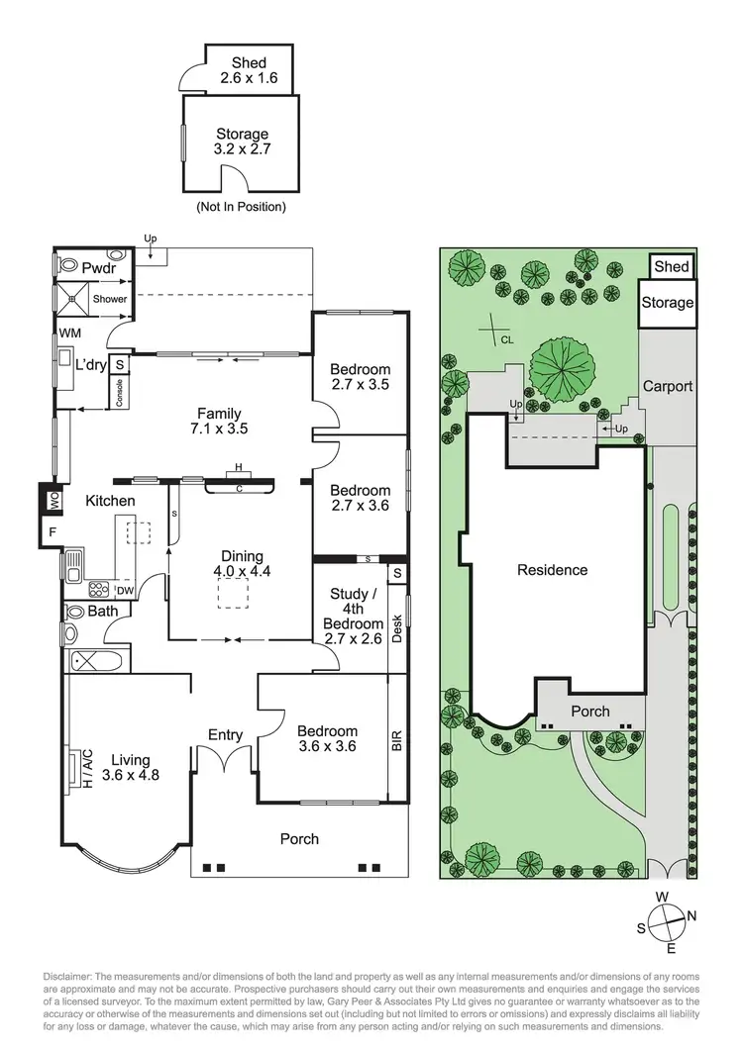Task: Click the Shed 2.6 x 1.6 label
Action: (242, 71)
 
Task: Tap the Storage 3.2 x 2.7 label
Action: (243, 141)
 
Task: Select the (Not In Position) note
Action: (242, 208)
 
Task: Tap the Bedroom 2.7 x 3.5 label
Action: (360, 376)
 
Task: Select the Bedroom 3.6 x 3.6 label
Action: (326, 739)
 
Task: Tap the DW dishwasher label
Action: (126, 591)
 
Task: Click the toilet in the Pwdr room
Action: (70, 266)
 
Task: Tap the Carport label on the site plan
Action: (668, 386)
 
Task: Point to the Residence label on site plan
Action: (553, 570)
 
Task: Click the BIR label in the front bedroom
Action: (397, 739)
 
